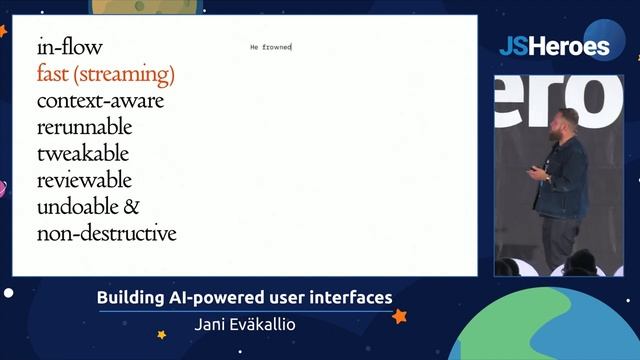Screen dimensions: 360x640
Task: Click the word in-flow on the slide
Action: (69, 47)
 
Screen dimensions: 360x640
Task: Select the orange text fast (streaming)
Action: (105, 74)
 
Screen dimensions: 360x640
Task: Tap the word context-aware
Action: (100, 101)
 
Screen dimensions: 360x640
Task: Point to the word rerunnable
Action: (84, 128)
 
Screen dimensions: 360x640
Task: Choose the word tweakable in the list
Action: (83, 155)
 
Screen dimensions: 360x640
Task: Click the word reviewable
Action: (84, 181)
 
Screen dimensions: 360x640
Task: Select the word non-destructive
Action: (106, 234)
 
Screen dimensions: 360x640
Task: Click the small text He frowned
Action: (270, 47)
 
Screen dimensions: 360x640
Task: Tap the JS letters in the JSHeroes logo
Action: (514, 47)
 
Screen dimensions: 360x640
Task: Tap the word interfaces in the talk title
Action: (349, 298)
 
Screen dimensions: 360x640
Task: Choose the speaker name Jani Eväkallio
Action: (244, 324)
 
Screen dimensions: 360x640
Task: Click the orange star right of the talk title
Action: (399, 316)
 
